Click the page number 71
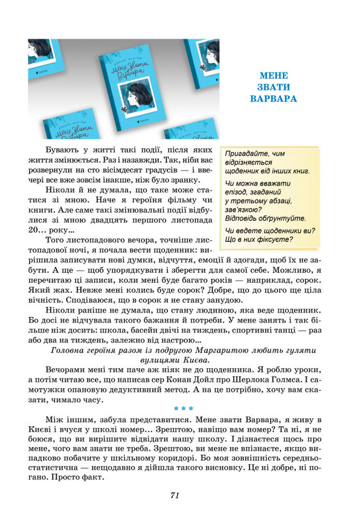coord(175,495)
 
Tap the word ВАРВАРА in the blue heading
coord(273,98)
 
